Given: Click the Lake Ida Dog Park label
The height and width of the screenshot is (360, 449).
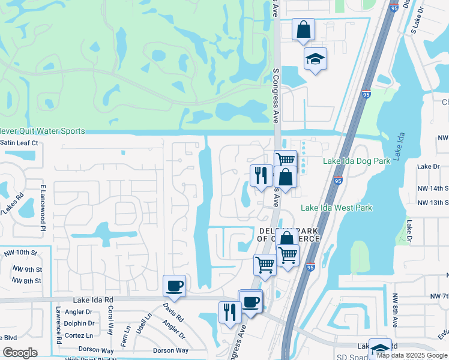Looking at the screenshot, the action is (357, 161).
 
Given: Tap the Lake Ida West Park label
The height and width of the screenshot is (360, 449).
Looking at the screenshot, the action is (336, 208).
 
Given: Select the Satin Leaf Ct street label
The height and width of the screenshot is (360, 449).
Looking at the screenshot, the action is (19, 143).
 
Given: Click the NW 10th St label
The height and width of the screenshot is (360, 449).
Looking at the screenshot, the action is (19, 253).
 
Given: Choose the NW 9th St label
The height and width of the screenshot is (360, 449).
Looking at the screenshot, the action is (29, 269).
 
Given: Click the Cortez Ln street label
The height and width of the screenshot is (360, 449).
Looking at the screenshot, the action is (79, 335).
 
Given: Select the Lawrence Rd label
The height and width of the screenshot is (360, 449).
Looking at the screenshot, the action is (59, 325).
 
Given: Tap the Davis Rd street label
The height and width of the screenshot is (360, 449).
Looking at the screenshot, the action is (173, 310).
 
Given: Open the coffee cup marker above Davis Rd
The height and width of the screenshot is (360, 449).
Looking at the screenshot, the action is (174, 286).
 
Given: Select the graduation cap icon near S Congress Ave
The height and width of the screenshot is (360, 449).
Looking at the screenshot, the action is (315, 59).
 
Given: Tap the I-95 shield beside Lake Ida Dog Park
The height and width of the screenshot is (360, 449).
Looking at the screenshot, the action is (338, 181).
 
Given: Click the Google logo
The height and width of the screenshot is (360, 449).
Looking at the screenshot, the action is (20, 353).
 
